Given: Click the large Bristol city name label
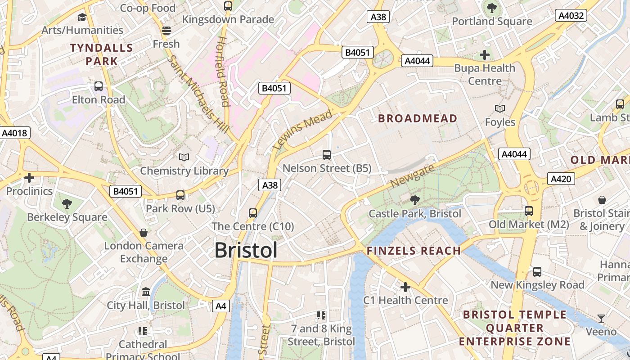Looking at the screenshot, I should click(x=246, y=250).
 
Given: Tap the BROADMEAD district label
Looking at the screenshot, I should click(x=418, y=118).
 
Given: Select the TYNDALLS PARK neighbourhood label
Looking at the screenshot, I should click(x=101, y=54).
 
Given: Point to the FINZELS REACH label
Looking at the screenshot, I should click(x=414, y=251).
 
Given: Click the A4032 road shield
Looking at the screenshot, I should click(x=571, y=16).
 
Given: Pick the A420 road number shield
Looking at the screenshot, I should click(x=561, y=179).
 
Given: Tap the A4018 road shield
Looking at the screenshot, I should click(x=14, y=133).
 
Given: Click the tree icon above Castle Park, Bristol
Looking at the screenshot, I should click(x=414, y=200).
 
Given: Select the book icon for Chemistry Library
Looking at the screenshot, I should click(x=184, y=157).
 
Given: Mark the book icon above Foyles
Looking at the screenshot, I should click(x=499, y=108).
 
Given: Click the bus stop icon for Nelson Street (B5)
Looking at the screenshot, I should click(x=327, y=155).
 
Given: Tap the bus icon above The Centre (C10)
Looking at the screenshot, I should click(x=253, y=213).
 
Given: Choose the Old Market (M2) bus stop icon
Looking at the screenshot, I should click(x=529, y=211).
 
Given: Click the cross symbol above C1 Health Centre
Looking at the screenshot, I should click(x=405, y=287).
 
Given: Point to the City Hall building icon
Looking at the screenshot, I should click(x=146, y=292).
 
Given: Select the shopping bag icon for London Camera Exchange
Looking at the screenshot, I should click(x=144, y=232).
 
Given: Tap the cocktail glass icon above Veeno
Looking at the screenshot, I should click(x=601, y=319).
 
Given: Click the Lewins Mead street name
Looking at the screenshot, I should click(x=302, y=130).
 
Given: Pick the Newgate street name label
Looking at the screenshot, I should click(x=413, y=176).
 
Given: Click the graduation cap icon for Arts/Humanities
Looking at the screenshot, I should click(x=82, y=17).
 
